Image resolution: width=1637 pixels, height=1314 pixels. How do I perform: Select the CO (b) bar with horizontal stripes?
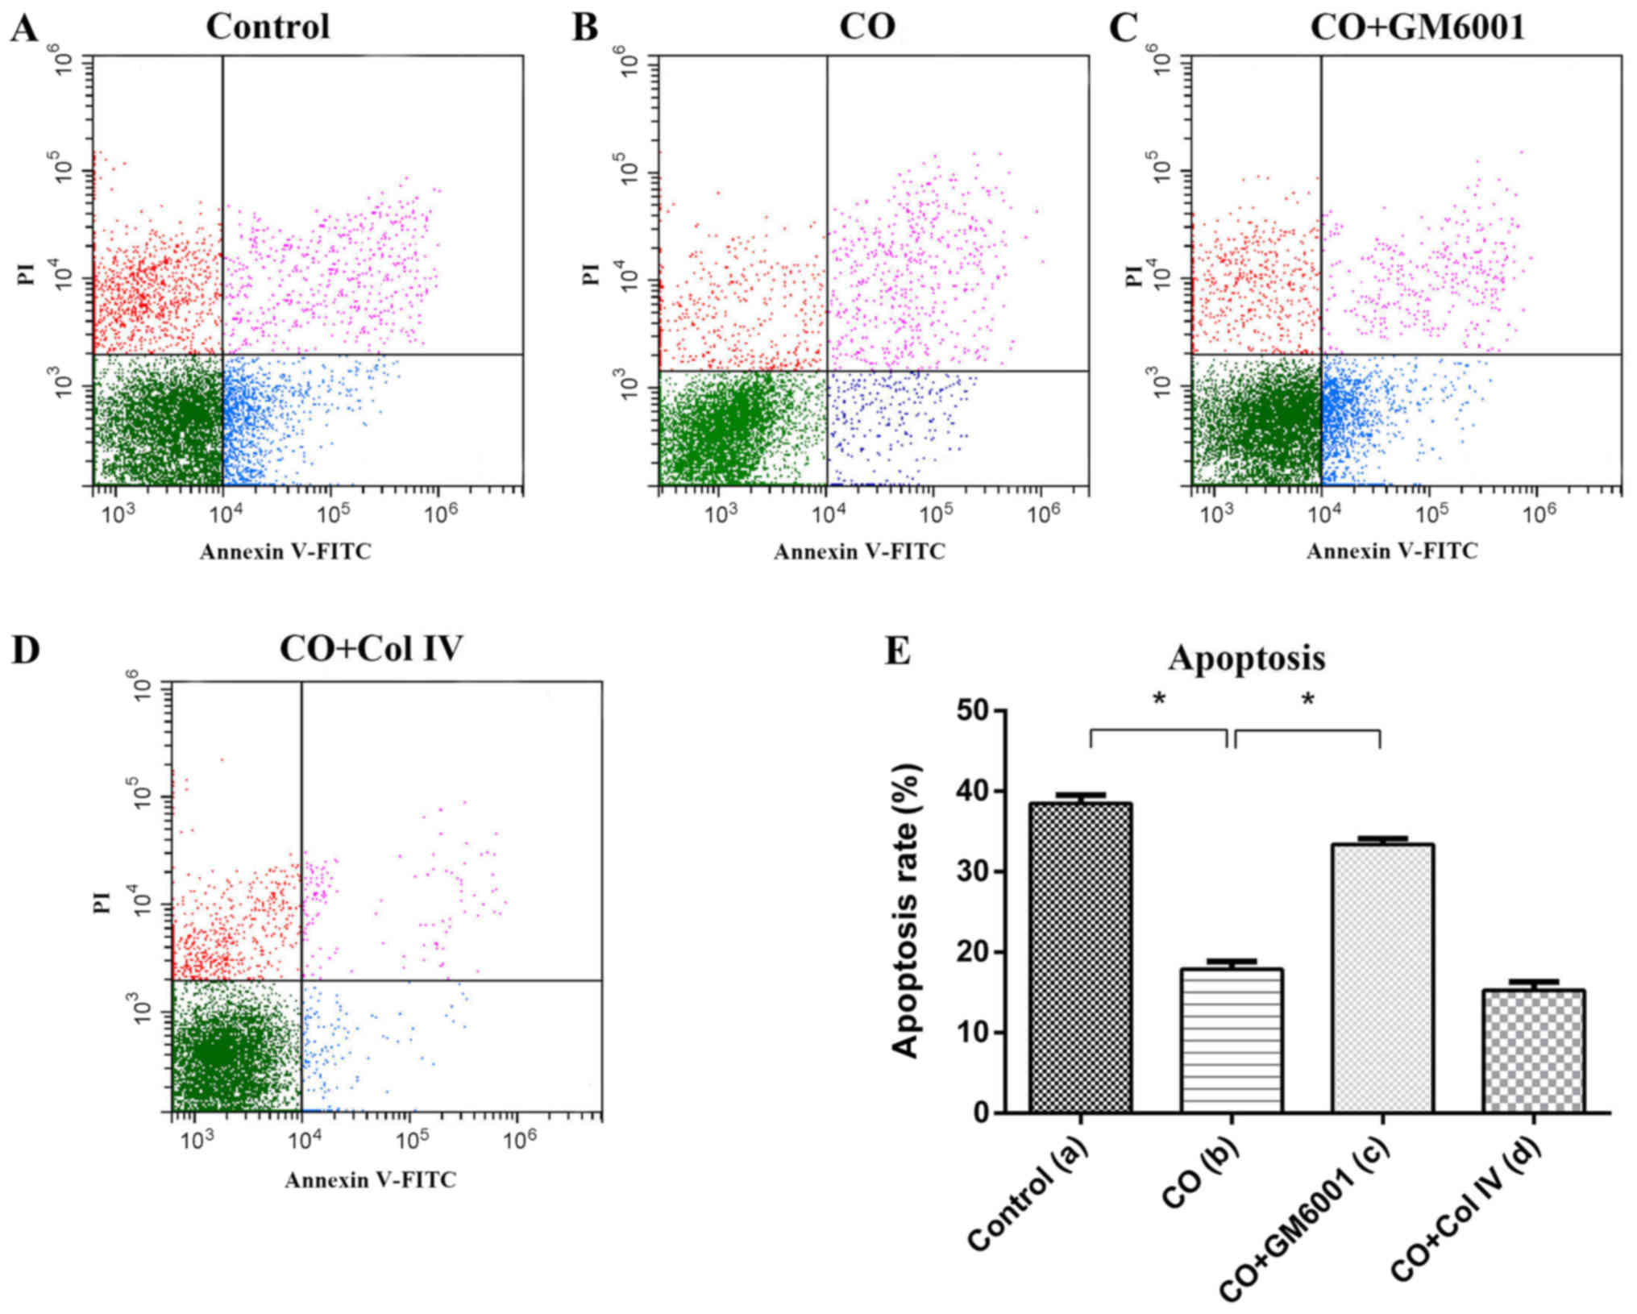point(1231,1040)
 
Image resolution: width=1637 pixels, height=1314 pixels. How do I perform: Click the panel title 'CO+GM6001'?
point(1418,27)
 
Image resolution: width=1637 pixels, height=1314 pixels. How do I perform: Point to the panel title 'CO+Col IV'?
point(372,648)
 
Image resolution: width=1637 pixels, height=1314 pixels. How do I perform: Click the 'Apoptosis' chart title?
point(1246,659)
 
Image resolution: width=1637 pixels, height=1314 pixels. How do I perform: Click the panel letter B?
point(584,29)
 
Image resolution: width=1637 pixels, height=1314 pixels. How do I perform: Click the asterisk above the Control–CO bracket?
point(1159,699)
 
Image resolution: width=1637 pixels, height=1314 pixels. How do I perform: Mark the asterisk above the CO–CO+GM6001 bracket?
point(1307,699)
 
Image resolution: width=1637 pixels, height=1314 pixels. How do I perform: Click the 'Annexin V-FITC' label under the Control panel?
point(285,551)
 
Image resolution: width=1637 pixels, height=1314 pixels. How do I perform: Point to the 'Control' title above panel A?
point(268,27)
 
